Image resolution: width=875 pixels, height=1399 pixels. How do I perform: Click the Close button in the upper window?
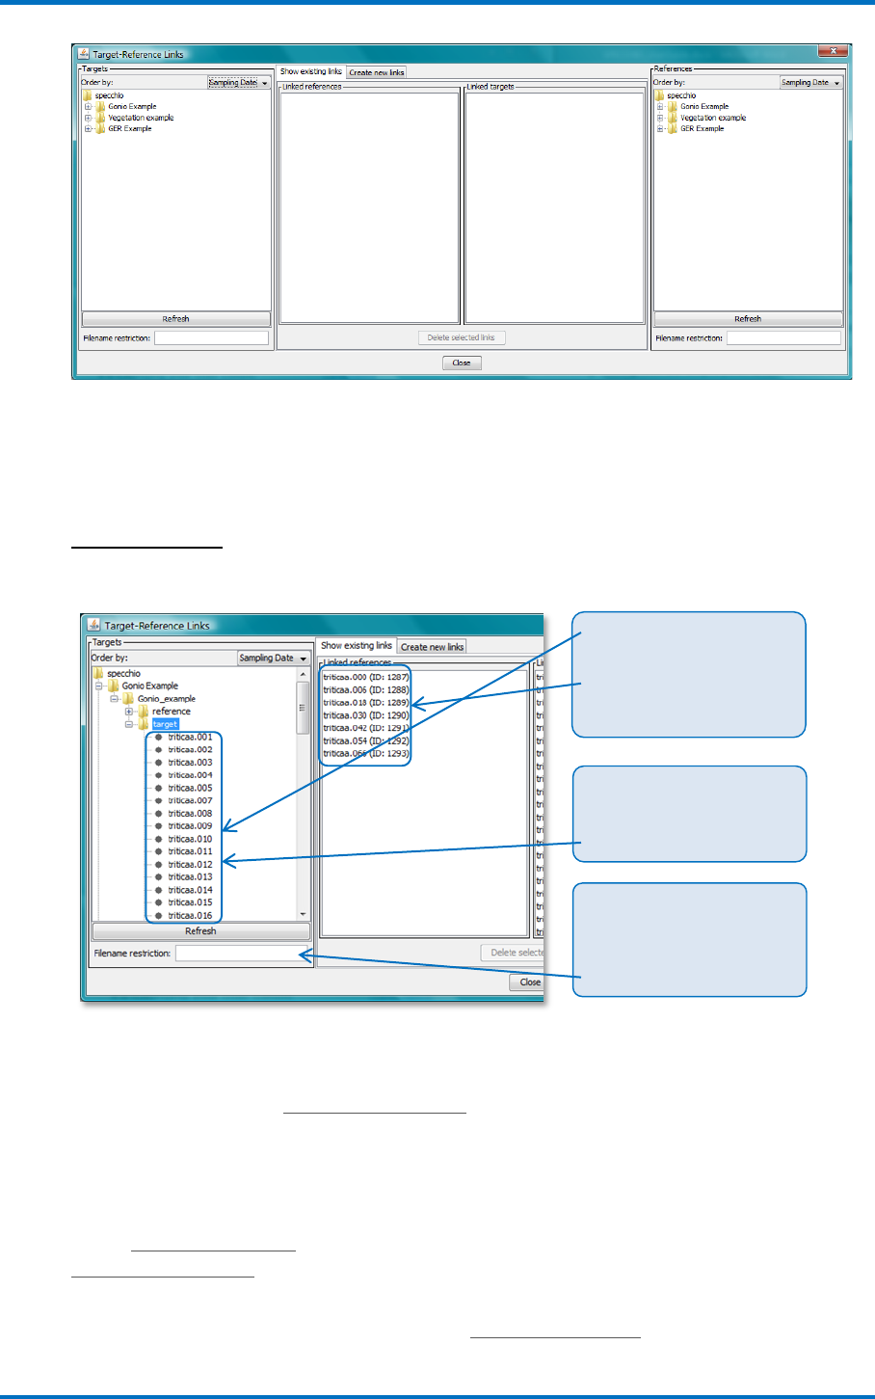pos(462,363)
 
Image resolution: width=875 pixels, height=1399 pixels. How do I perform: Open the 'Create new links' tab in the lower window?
pos(432,647)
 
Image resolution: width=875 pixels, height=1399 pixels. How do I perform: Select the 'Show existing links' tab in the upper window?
pos(311,72)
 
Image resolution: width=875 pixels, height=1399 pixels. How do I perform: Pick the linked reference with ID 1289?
pos(366,703)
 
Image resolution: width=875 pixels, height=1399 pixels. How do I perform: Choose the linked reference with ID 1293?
pos(366,753)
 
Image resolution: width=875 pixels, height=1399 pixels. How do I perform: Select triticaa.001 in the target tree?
pos(190,738)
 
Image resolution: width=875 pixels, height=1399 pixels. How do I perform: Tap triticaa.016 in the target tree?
pos(190,916)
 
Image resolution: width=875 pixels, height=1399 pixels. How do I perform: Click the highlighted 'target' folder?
pos(165,724)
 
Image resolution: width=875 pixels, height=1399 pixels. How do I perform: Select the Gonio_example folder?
pos(166,699)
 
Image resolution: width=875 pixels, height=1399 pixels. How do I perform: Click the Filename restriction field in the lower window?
pos(239,954)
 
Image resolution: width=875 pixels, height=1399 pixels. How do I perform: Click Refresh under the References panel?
pos(748,319)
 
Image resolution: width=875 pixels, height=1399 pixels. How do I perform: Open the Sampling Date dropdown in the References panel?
pos(810,83)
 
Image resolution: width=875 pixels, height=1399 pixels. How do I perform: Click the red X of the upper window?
pos(832,52)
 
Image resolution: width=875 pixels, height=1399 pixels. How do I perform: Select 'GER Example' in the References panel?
pos(702,128)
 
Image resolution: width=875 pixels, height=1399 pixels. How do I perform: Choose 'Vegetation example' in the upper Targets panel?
pos(141,118)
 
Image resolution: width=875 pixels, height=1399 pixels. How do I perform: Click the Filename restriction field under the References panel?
pos(783,338)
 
